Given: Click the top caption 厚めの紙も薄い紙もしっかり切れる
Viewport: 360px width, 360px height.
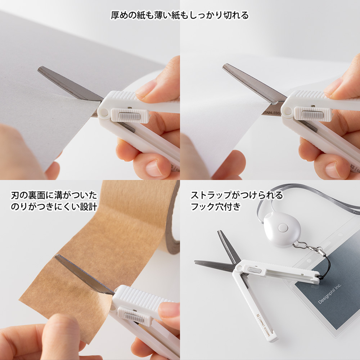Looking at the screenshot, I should click(180, 15).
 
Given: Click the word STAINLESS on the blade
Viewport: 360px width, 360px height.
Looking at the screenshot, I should click(271, 113).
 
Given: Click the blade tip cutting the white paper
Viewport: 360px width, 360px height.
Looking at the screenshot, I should click(225, 66).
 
